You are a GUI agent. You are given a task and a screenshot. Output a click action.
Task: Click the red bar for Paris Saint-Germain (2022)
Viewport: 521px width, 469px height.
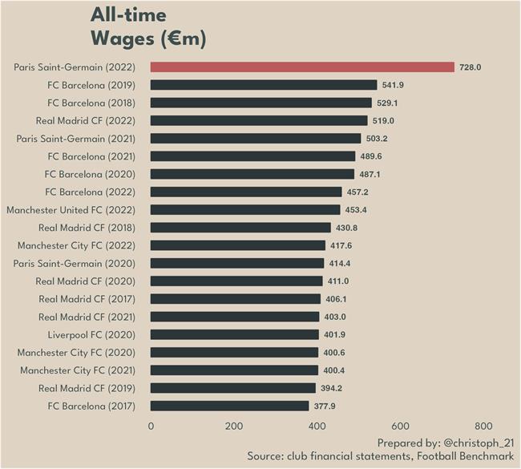tap(302, 67)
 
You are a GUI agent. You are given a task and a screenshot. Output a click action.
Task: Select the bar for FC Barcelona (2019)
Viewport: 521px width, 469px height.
tap(264, 85)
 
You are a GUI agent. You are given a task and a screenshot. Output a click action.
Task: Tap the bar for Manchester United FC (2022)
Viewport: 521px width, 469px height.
tap(245, 210)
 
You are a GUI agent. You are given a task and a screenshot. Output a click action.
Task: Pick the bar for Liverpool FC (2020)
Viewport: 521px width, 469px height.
tap(234, 334)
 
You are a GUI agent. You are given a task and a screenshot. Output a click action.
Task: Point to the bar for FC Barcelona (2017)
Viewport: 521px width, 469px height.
tap(229, 406)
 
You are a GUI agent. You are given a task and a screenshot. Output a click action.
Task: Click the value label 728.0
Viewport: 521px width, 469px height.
tap(470, 67)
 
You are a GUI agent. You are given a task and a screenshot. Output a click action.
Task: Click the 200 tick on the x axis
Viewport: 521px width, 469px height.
tap(234, 427)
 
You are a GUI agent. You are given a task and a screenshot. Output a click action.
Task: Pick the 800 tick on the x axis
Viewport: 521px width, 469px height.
tap(483, 427)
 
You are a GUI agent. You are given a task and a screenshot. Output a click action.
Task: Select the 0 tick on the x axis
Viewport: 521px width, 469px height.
tap(151, 427)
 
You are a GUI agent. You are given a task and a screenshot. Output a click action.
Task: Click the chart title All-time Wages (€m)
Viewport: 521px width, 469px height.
tap(148, 26)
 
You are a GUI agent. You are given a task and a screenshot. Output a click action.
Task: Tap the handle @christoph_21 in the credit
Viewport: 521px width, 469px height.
tap(475, 443)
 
